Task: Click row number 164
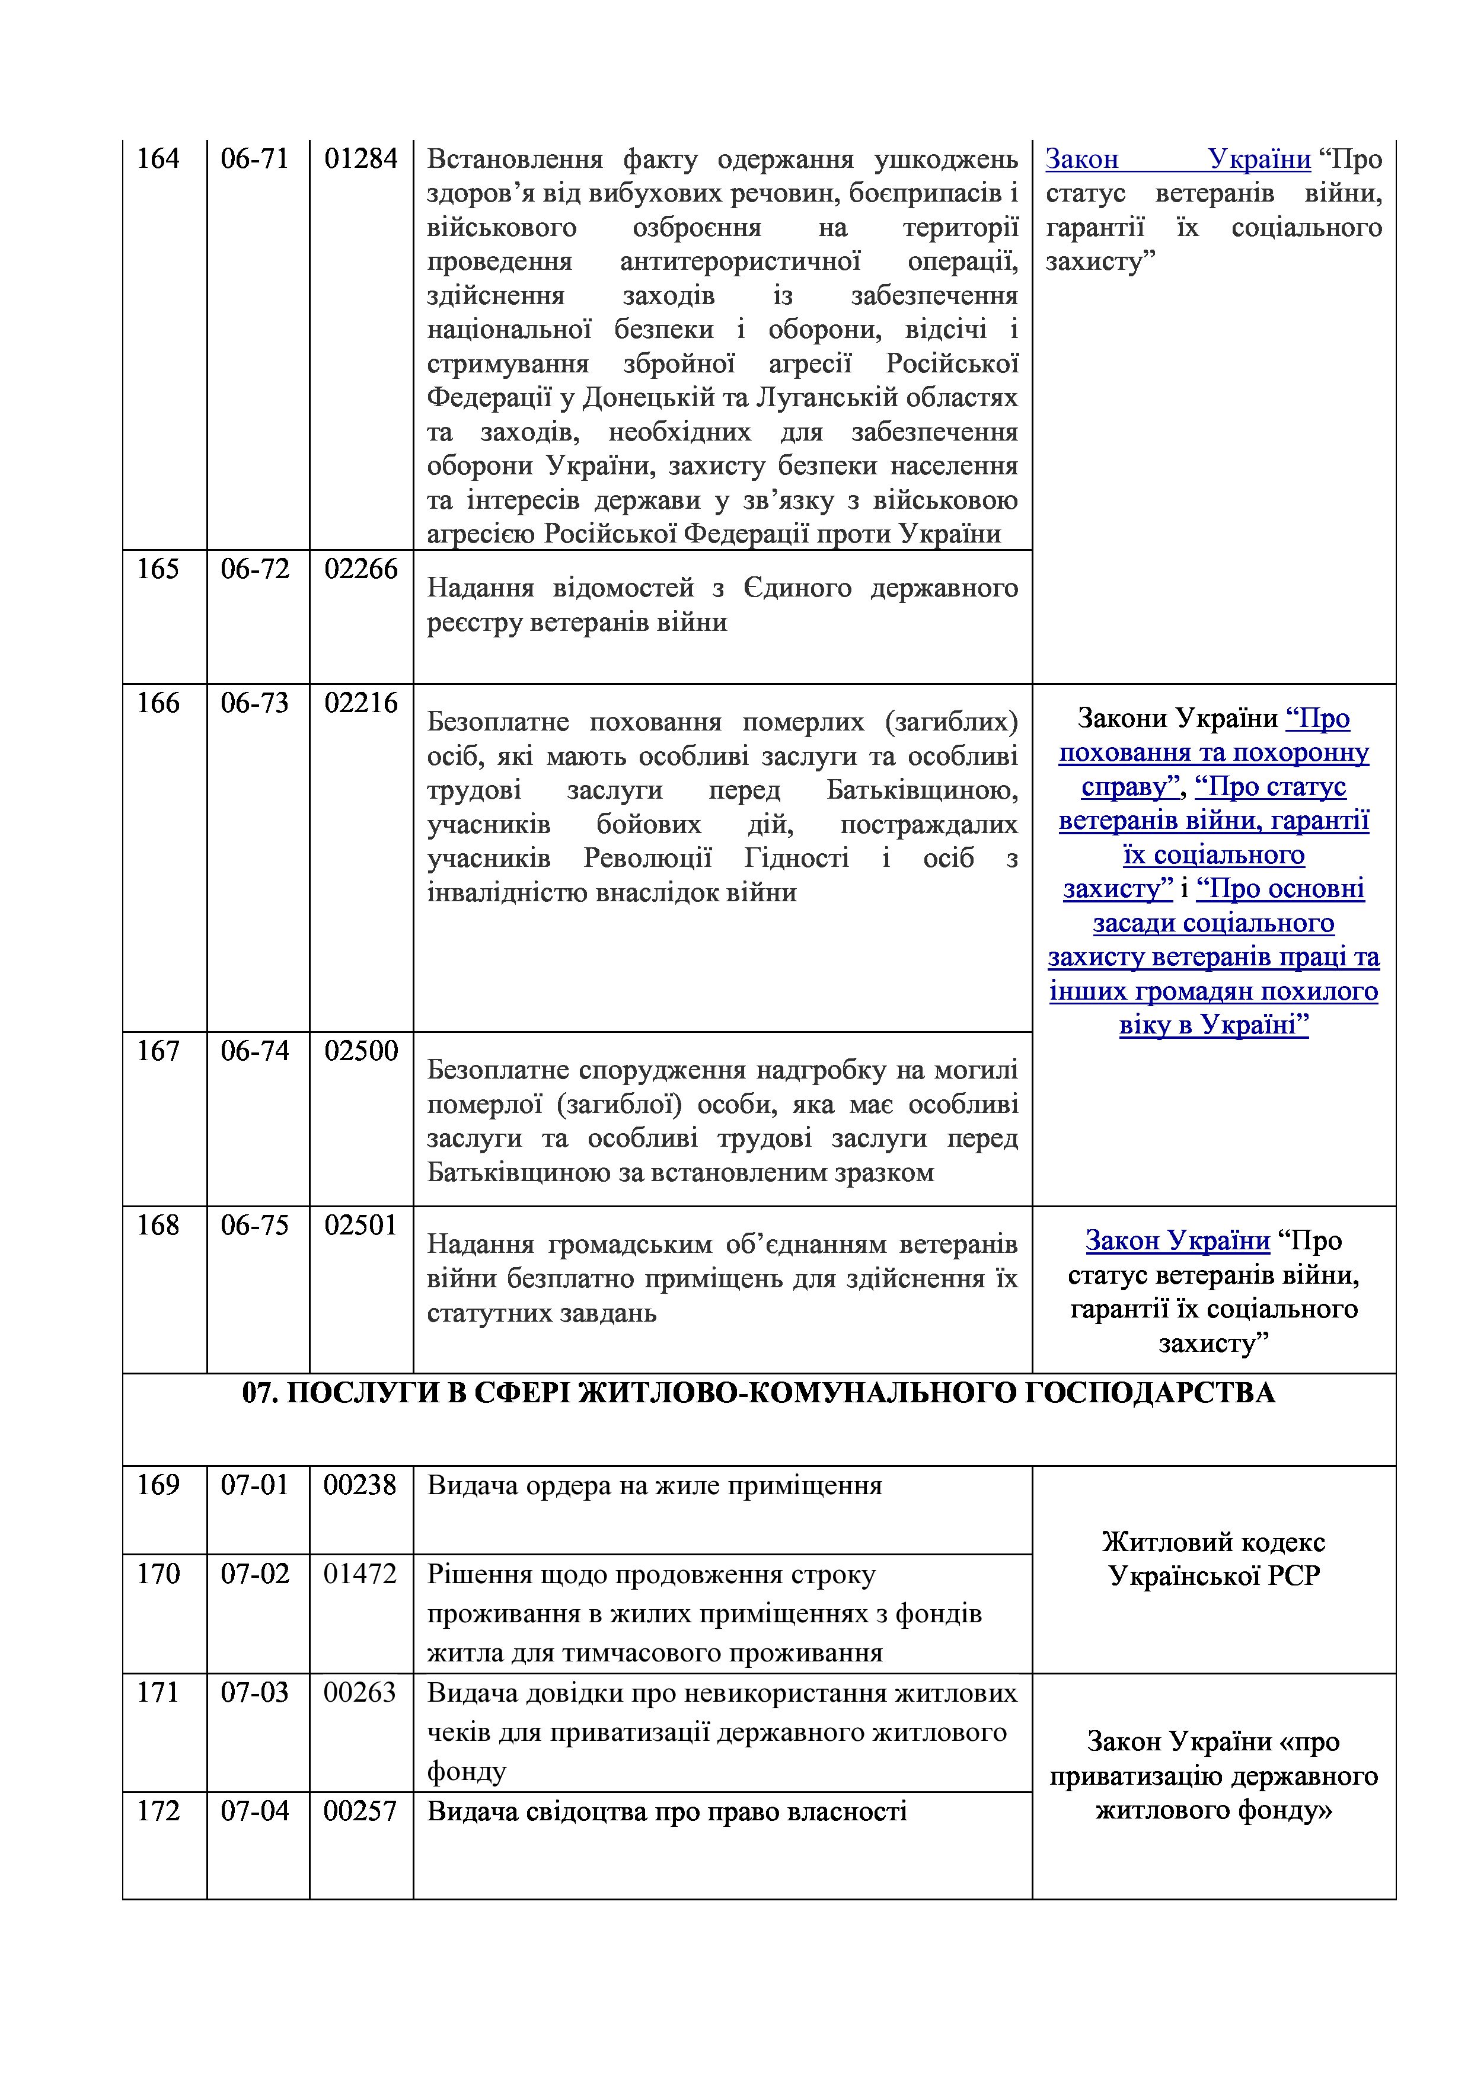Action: click(158, 159)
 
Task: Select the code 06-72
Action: click(254, 569)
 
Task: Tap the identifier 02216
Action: click(360, 703)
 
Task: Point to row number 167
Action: click(158, 1051)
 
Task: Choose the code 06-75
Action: click(254, 1225)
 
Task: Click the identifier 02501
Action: click(360, 1225)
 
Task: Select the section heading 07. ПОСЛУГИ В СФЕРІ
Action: click(758, 1392)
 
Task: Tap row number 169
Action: click(158, 1485)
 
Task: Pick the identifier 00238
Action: click(360, 1485)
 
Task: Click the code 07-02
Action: click(254, 1574)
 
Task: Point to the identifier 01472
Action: click(360, 1574)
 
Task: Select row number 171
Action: click(158, 1692)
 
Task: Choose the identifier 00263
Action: click(360, 1692)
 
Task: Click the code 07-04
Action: click(254, 1811)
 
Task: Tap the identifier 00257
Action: click(360, 1811)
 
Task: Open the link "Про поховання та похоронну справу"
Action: click(1214, 753)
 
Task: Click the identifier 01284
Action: click(360, 159)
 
